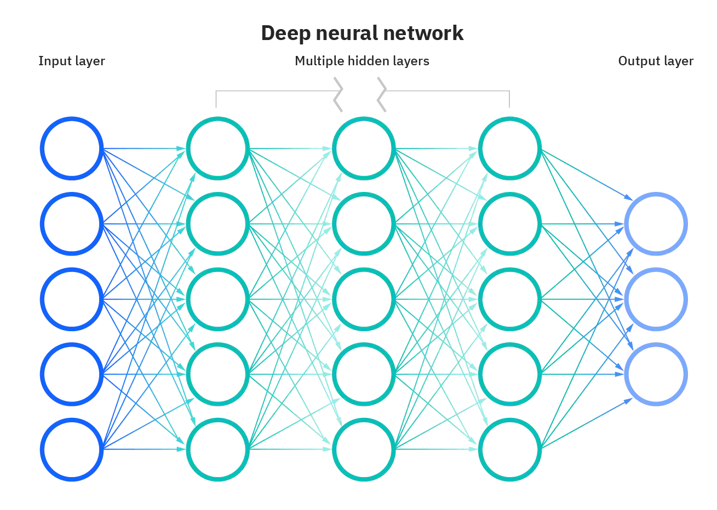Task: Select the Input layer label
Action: [71, 61]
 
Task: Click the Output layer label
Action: [656, 61]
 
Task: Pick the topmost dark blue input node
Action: [72, 148]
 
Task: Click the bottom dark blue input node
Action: [72, 450]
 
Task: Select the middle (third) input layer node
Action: [72, 299]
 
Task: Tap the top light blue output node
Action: [656, 224]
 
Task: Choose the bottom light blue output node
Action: [656, 375]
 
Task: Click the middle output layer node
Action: [656, 299]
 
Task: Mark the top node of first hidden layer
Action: [217, 148]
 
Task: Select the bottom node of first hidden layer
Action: [217, 450]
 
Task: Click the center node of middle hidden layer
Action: [364, 299]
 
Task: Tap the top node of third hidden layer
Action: [509, 148]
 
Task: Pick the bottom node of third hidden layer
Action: [509, 450]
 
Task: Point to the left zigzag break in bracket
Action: [339, 94]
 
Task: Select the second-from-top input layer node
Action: [72, 224]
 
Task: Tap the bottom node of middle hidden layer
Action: [364, 450]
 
